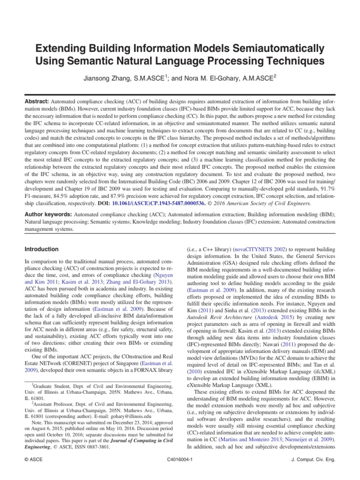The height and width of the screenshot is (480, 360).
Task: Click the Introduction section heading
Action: [x=42, y=249]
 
